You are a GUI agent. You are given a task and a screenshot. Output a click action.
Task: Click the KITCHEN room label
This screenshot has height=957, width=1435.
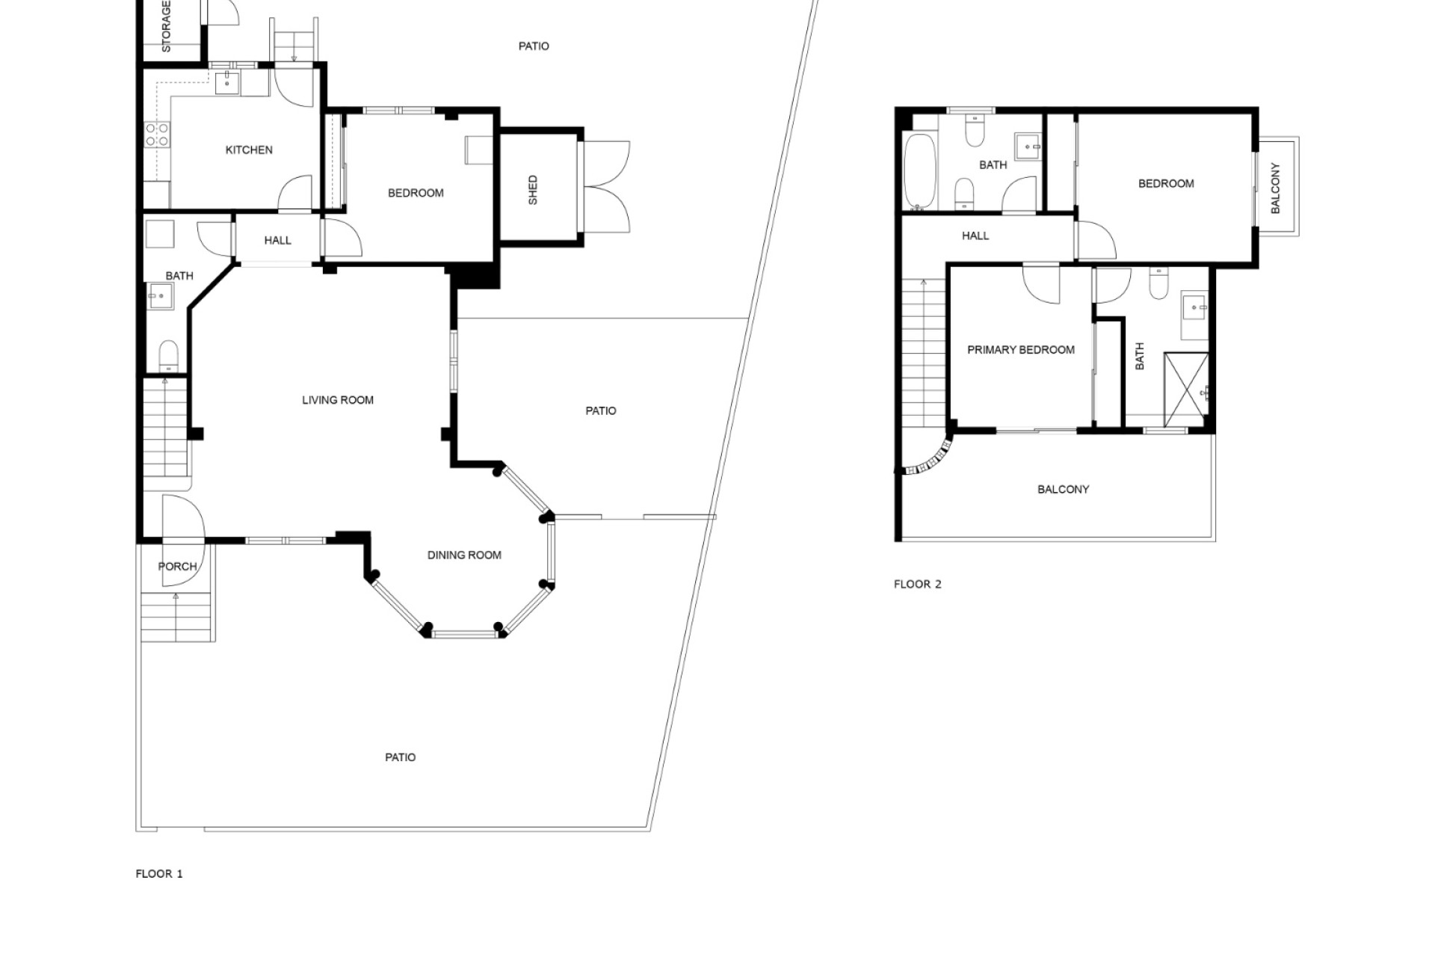point(249,150)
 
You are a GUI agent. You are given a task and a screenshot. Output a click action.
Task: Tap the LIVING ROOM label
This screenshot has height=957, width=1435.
point(338,400)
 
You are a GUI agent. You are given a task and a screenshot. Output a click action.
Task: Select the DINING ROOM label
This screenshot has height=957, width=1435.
point(464,555)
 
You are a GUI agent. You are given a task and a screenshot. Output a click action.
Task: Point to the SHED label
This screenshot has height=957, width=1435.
point(533,190)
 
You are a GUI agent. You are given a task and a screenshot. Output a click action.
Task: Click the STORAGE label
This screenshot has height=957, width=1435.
point(166,26)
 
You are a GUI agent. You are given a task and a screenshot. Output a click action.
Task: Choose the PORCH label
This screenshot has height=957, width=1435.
point(178,567)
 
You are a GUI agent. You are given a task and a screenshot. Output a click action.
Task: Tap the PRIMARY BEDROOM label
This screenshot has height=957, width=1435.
point(1021,350)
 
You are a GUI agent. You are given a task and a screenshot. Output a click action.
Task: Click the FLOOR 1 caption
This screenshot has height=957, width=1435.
point(159,873)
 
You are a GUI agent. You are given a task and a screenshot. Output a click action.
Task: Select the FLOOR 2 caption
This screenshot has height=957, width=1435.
point(918,584)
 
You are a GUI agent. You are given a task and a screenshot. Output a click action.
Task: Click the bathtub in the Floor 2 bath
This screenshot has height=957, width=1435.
point(919,171)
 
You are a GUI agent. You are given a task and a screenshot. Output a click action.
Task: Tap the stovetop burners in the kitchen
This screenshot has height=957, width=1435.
point(157,135)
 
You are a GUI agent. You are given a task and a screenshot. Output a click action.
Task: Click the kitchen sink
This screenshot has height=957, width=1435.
point(227,83)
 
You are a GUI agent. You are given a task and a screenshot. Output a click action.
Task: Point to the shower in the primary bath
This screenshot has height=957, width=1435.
point(1186,390)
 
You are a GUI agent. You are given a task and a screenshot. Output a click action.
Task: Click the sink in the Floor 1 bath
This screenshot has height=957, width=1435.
point(159,296)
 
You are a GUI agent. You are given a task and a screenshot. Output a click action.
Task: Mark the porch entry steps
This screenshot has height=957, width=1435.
point(176,617)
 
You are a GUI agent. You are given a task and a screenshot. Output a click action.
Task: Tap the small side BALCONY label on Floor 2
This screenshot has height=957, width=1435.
point(1275,188)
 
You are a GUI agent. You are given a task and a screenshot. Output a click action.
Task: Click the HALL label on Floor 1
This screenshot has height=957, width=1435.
point(277,241)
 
